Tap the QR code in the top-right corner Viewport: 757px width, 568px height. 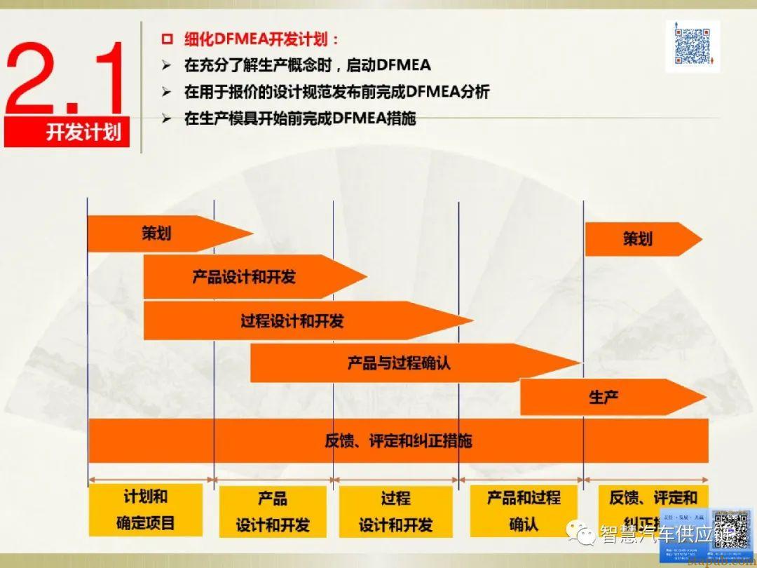692,46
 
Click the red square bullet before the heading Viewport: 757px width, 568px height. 167,40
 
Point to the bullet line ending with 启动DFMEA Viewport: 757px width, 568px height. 307,66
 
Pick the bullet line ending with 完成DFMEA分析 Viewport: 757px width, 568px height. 336,92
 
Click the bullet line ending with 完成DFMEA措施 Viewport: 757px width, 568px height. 300,119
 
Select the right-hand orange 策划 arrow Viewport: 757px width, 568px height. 638,239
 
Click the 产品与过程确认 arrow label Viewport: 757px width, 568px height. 399,363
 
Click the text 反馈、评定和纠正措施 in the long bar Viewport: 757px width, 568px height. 398,441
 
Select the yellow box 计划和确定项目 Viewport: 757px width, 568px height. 146,510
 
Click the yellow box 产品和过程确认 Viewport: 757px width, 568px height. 524,510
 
